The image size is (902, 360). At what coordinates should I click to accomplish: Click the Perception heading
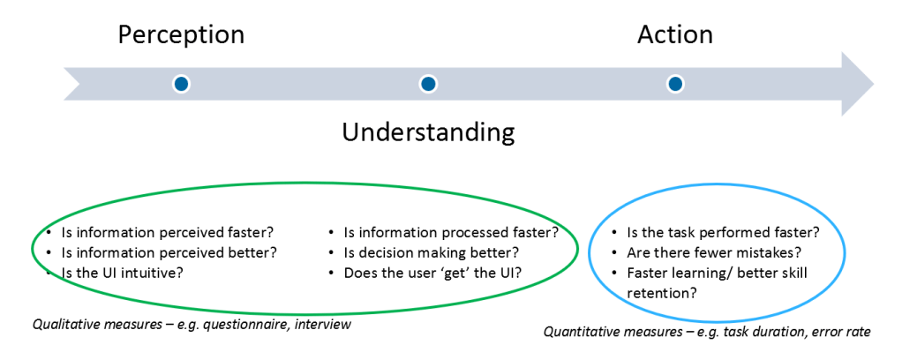[181, 35]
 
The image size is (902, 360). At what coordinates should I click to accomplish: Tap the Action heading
[675, 34]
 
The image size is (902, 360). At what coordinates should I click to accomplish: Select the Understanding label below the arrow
[428, 133]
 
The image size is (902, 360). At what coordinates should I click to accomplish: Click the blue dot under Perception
[181, 84]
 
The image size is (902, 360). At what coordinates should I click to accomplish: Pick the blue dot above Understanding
[427, 84]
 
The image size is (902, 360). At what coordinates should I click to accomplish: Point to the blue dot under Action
[675, 84]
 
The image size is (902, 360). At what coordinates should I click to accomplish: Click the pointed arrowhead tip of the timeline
[874, 84]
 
